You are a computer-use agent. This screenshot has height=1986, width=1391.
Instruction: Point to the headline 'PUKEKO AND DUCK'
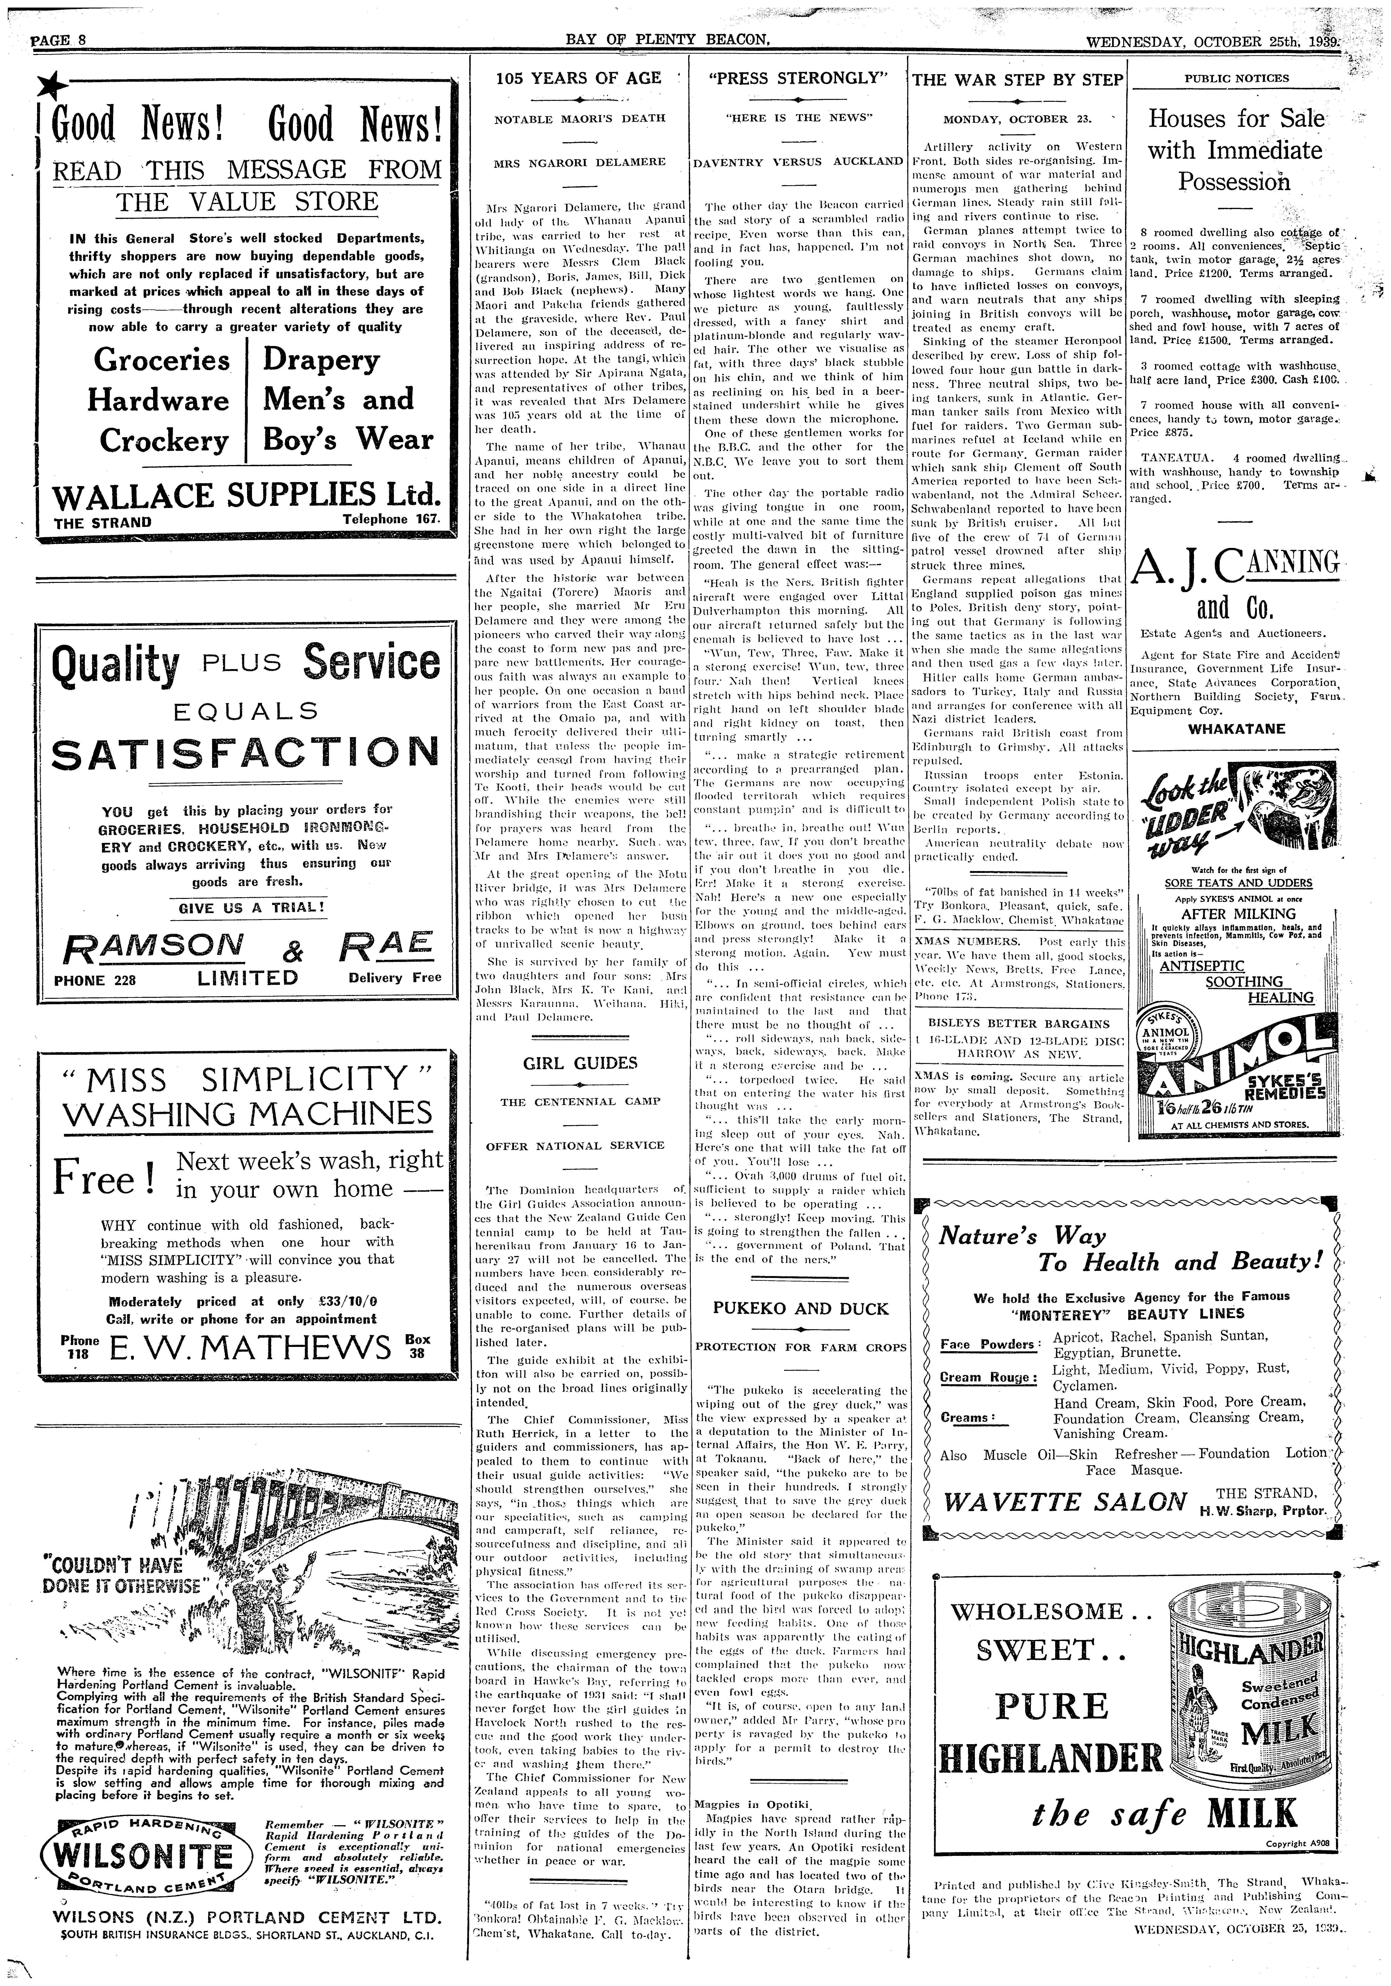click(800, 1309)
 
